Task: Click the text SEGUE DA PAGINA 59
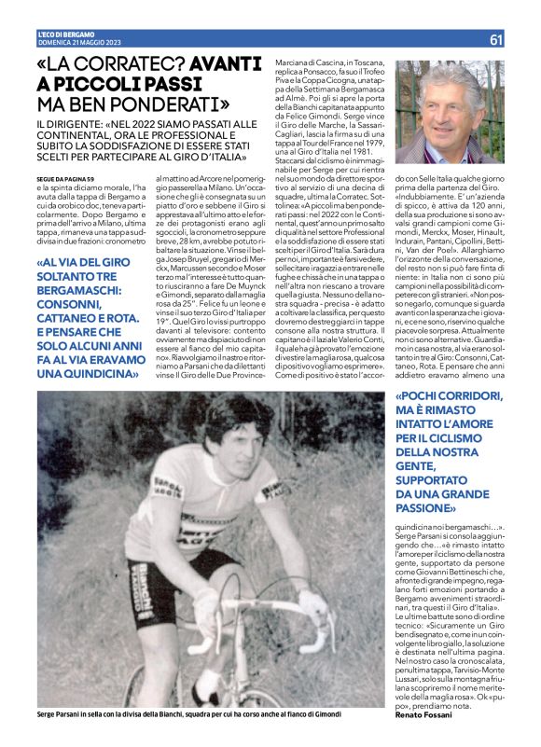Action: click(66, 178)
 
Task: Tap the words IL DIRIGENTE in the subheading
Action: click(68, 122)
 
